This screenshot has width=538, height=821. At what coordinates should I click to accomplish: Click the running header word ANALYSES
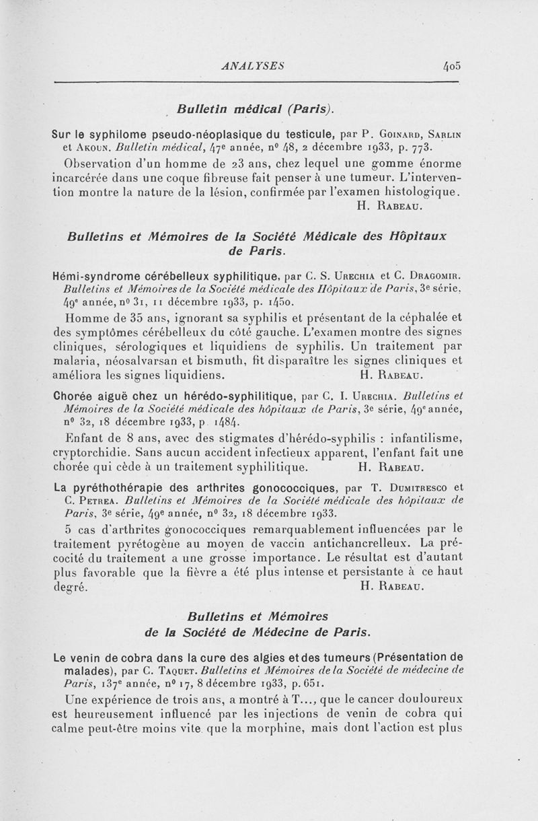click(x=253, y=66)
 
